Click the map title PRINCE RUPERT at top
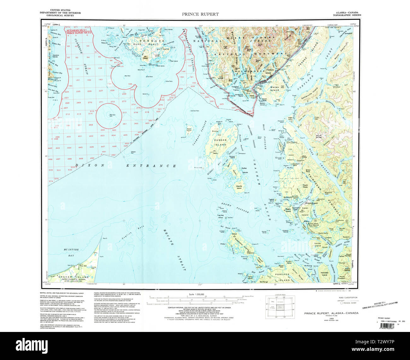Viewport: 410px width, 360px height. [200, 14]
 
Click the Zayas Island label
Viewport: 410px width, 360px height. [189, 130]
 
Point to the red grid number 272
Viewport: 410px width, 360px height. [113, 102]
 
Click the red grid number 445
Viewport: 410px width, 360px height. [80, 147]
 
